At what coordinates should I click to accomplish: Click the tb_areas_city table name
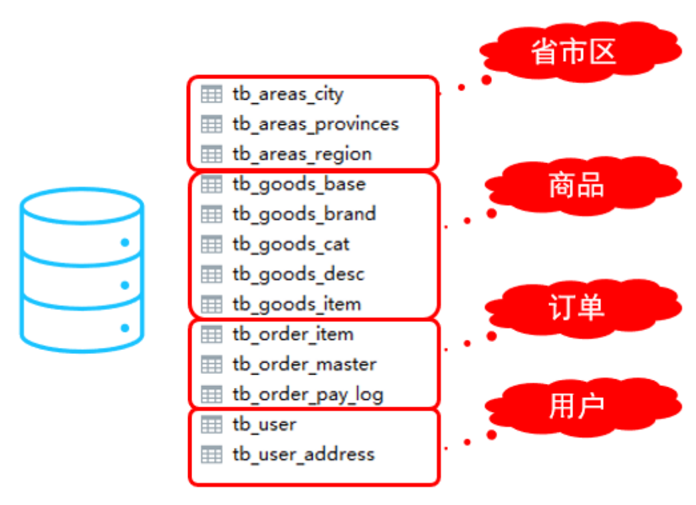tap(288, 94)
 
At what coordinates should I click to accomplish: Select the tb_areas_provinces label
tap(315, 124)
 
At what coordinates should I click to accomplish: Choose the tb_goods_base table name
tap(298, 184)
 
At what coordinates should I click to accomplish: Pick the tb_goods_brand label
tap(304, 214)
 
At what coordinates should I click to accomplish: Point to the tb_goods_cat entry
tap(290, 244)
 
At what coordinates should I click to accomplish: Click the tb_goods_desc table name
tap(298, 274)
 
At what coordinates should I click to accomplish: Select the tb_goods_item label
tap(296, 304)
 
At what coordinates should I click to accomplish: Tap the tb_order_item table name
tap(292, 334)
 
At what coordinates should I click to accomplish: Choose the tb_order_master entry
tap(304, 365)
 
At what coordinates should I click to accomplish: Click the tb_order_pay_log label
tap(308, 395)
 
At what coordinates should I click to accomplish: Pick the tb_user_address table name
tap(303, 454)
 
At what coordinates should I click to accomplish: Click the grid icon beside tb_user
tap(211, 424)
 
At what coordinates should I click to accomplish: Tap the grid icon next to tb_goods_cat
tap(211, 244)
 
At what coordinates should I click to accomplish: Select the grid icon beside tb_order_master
tap(211, 365)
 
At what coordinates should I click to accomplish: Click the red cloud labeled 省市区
tap(577, 52)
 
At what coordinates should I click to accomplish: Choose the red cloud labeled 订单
tap(577, 308)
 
